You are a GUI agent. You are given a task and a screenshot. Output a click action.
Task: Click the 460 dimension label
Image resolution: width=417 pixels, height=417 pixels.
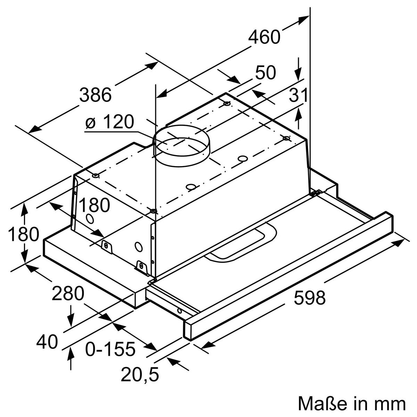point(264,37)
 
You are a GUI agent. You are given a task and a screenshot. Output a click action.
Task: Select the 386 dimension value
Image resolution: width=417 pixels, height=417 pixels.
point(95,95)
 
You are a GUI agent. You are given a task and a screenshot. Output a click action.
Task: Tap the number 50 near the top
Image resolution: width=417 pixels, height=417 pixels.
point(265,73)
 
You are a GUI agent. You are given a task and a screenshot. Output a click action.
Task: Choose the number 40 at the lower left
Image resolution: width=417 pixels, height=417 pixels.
point(47,342)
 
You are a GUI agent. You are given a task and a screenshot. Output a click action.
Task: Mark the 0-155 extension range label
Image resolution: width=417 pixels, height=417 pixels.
point(110,349)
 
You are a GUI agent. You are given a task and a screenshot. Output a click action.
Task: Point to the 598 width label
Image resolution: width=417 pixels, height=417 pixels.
point(309,298)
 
